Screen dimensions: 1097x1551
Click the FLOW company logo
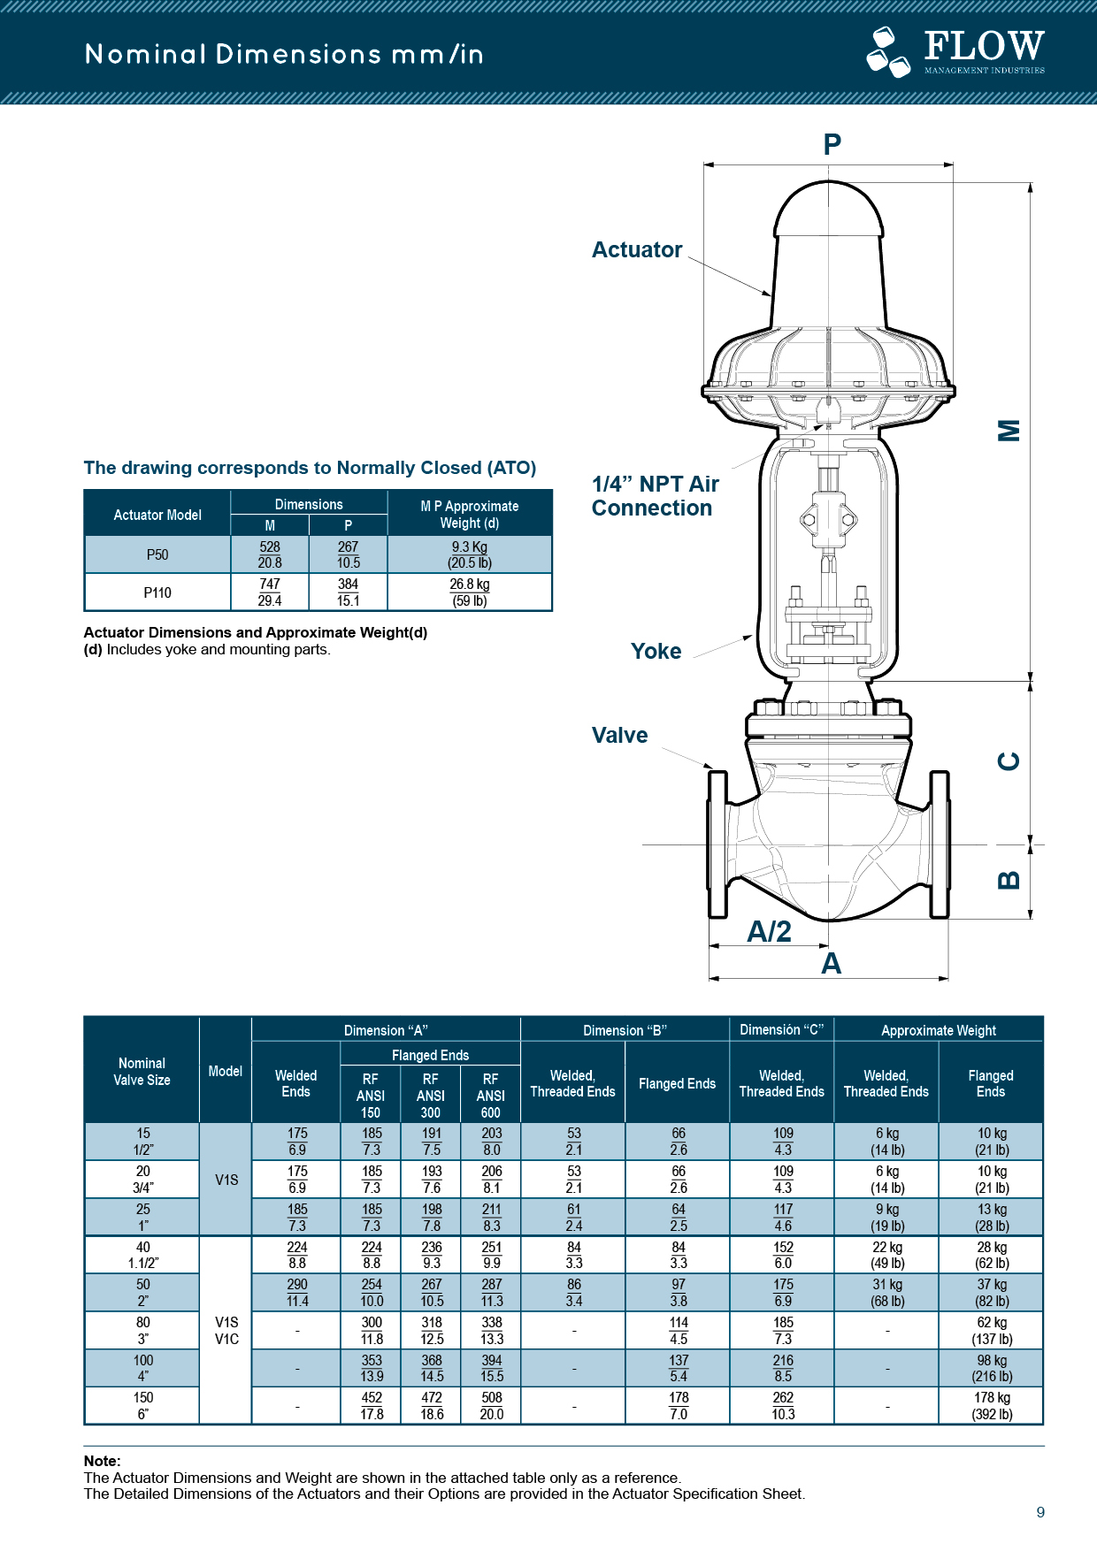[x=955, y=52]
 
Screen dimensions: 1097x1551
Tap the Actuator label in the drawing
[x=637, y=250]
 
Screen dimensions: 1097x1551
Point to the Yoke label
[x=656, y=652]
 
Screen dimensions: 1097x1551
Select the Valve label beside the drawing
[x=619, y=736]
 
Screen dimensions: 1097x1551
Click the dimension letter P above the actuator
[x=832, y=144]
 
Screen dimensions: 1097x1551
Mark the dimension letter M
[x=1009, y=430]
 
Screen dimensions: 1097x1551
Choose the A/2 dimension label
[x=770, y=932]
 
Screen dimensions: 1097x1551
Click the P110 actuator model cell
[x=157, y=592]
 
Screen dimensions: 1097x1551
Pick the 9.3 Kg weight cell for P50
[x=470, y=554]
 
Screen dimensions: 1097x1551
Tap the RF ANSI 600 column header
[x=491, y=1096]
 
